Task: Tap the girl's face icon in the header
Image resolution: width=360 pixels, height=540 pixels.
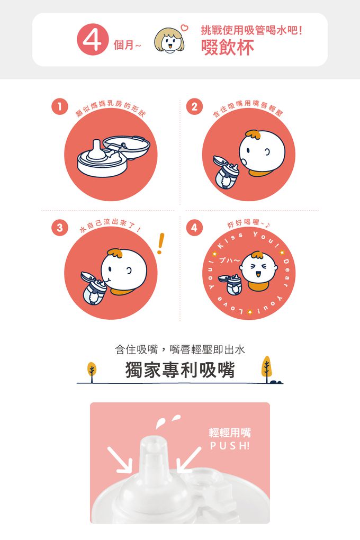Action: click(169, 41)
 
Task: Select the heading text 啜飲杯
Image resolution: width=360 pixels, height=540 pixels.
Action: click(228, 48)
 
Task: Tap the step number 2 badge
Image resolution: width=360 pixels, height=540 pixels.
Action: click(195, 107)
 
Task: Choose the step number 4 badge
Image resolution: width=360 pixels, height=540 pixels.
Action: click(195, 228)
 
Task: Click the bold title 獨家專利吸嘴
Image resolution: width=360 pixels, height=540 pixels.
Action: click(180, 371)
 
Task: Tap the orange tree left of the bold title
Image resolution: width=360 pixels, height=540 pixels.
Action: click(92, 370)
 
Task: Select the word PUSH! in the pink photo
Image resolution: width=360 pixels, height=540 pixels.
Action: click(229, 446)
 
